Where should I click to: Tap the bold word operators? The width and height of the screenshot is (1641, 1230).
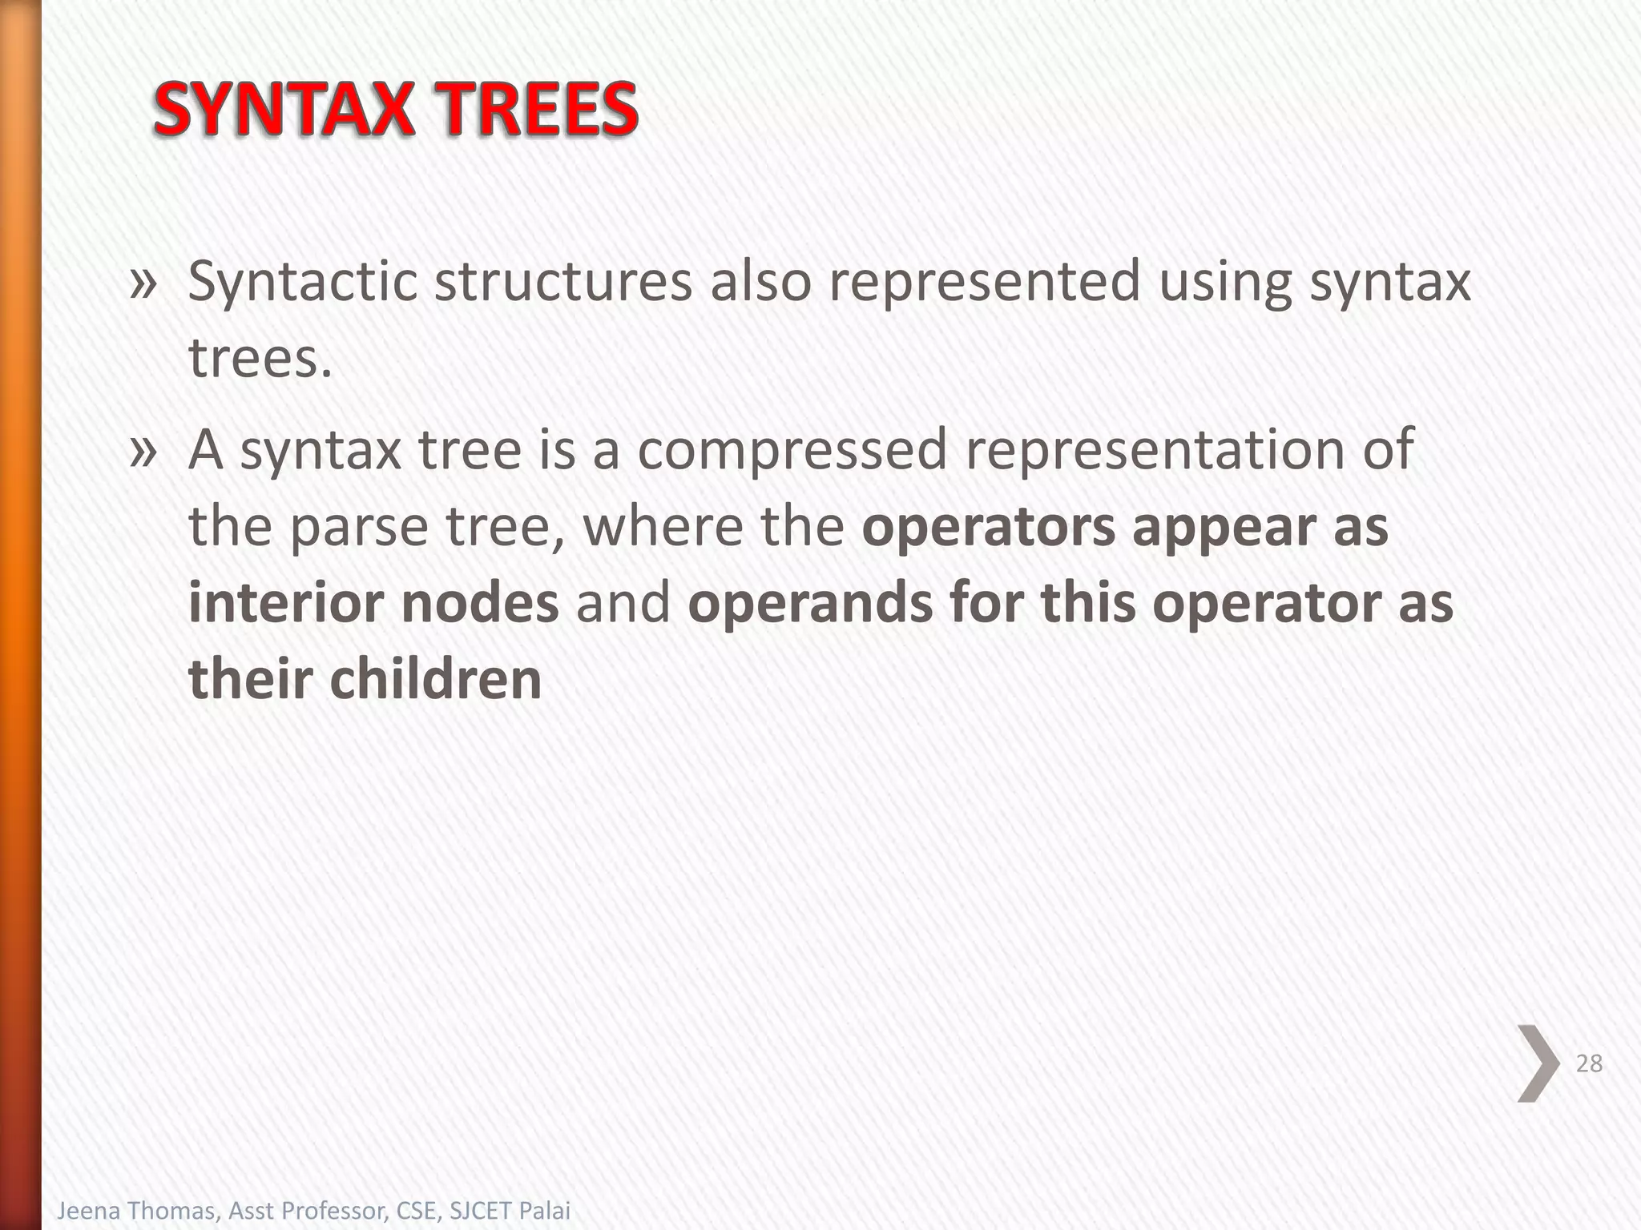[x=988, y=528]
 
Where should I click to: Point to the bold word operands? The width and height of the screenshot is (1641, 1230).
[x=810, y=604]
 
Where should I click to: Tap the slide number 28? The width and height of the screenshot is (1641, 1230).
[x=1589, y=1063]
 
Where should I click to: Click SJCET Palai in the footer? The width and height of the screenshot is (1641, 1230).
[x=510, y=1211]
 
